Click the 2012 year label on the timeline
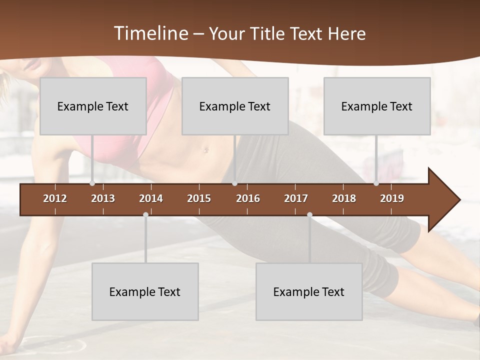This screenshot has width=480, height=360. (55, 198)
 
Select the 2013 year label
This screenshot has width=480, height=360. (103, 198)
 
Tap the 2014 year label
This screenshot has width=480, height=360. (151, 198)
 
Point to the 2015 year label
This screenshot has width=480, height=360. (199, 198)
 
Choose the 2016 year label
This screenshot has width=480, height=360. (248, 198)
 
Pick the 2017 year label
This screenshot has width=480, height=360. (296, 198)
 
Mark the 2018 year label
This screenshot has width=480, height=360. (344, 198)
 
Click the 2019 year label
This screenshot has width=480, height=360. (392, 198)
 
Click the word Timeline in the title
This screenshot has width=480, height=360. (150, 33)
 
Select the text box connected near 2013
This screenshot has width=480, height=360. (93, 106)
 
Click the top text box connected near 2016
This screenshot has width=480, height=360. (235, 106)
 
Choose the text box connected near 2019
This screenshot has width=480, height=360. (377, 106)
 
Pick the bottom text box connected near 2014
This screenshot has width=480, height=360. (145, 291)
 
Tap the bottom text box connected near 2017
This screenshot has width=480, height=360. (309, 291)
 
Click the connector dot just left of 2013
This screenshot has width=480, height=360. (92, 183)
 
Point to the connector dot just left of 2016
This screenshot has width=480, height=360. (234, 183)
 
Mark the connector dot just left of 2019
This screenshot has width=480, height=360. (376, 183)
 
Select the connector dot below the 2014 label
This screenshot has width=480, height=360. (145, 215)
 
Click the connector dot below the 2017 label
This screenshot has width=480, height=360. (309, 215)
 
